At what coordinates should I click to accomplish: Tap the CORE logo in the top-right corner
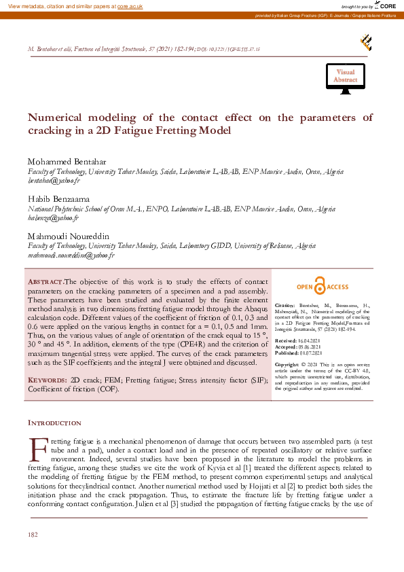[x=386, y=5]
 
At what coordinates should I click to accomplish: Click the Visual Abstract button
[x=345, y=76]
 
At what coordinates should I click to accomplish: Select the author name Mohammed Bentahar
[x=63, y=161]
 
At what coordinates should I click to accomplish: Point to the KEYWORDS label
[x=49, y=380]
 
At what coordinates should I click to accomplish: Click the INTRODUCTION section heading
[x=54, y=423]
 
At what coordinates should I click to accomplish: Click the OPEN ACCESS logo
[x=321, y=287]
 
